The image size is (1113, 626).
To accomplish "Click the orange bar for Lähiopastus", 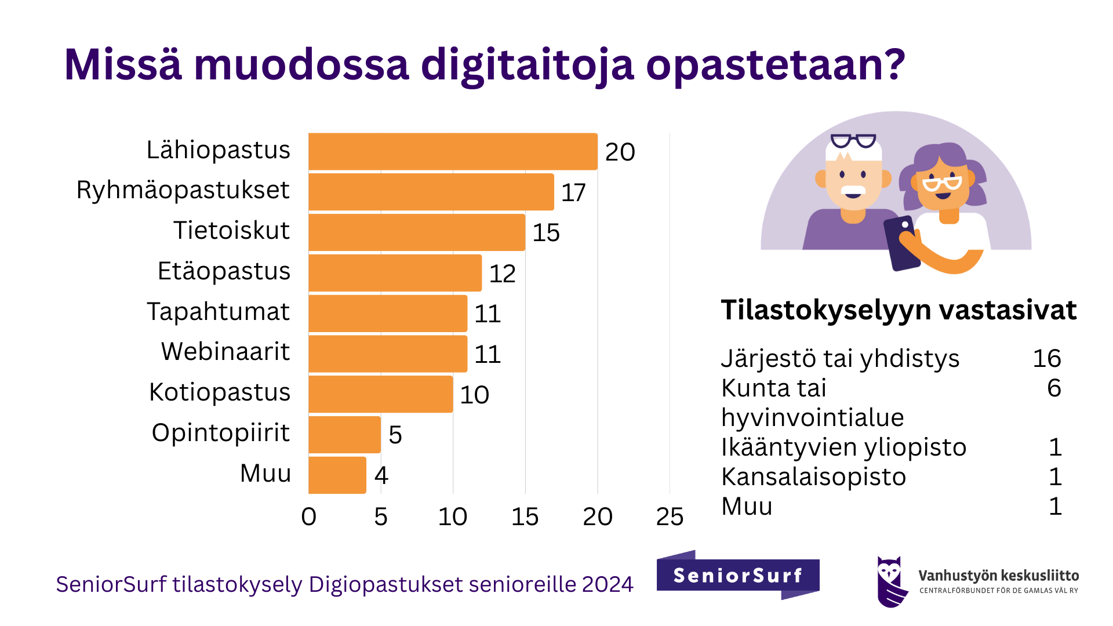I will pyautogui.click(x=453, y=152).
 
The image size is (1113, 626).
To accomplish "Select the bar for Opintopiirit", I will pyautogui.click(x=344, y=435).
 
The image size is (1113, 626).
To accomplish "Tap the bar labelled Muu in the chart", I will pyautogui.click(x=337, y=475).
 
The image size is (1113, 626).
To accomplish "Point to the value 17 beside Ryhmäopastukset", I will pyautogui.click(x=573, y=192).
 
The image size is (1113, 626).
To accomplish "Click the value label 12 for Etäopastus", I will pyautogui.click(x=502, y=274).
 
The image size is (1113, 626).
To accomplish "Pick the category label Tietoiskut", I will pyautogui.click(x=231, y=231).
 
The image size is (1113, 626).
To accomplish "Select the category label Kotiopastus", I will pyautogui.click(x=220, y=392).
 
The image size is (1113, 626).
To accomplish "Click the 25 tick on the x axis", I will pyautogui.click(x=670, y=516).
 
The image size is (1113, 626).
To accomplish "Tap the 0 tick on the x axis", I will pyautogui.click(x=309, y=516).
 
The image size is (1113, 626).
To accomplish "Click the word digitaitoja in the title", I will pyautogui.click(x=527, y=65).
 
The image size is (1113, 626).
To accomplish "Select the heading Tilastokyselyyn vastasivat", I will pyautogui.click(x=899, y=310).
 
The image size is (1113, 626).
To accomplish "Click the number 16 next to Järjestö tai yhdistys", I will pyautogui.click(x=1046, y=359).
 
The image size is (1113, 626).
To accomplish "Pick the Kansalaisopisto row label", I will pyautogui.click(x=813, y=477).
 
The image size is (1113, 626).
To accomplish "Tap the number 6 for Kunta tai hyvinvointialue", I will pyautogui.click(x=1054, y=388).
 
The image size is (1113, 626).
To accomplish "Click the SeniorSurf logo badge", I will pyautogui.click(x=737, y=575).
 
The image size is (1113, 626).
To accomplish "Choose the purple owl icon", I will pyautogui.click(x=890, y=581).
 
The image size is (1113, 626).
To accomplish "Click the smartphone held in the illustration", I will pyautogui.click(x=901, y=243).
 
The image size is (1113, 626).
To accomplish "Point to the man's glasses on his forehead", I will pyautogui.click(x=853, y=141).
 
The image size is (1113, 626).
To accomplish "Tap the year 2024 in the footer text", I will pyautogui.click(x=608, y=584).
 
